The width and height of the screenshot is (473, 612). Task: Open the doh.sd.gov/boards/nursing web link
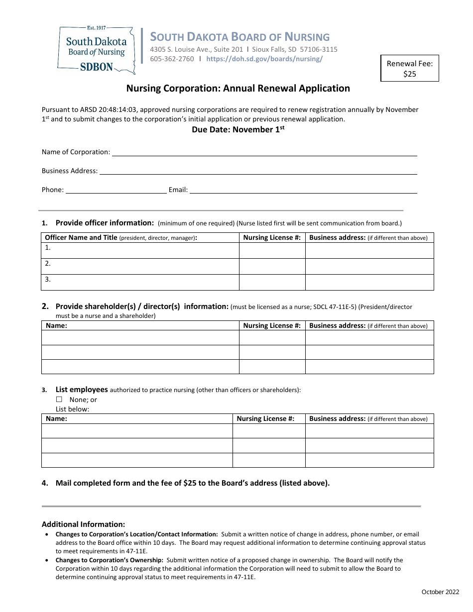264,59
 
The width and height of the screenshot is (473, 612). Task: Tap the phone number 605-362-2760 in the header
172,59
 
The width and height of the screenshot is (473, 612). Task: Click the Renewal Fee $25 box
409,68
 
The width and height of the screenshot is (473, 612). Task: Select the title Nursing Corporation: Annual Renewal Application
237,89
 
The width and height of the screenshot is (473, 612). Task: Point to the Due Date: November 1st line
237,129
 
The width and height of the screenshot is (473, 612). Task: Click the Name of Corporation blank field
264,152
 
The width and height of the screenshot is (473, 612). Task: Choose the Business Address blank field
257,171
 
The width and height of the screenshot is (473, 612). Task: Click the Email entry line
303,190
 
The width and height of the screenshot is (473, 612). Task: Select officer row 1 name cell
140,250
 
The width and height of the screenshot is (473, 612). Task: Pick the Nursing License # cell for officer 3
272,282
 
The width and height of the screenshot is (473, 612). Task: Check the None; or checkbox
59,400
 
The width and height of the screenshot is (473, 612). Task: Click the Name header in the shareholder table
56,326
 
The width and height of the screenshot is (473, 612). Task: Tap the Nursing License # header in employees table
265,419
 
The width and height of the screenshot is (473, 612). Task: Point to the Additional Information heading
83,524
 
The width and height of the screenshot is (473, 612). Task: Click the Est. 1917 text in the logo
96,28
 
